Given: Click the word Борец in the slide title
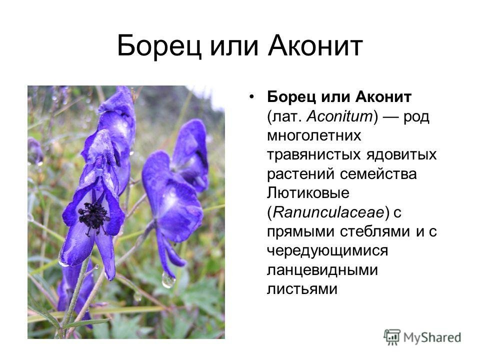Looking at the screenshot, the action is point(159,46).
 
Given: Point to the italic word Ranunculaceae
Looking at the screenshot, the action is point(328,212).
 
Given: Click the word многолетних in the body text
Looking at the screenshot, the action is point(314,136).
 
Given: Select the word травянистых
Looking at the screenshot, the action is point(314,155).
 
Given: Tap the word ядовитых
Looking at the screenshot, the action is point(401,155).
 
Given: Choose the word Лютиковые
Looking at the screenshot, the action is point(308,193).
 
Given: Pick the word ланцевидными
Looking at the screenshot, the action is point(322,270).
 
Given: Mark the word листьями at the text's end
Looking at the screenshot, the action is point(302,289).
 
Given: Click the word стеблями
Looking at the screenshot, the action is point(375,231).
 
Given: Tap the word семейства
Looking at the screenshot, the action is point(378,174).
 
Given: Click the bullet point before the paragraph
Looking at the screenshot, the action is point(251,97).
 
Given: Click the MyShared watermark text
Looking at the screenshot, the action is point(432,337).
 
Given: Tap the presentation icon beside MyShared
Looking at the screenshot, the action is point(392,337).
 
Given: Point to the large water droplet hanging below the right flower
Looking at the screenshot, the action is point(168,279).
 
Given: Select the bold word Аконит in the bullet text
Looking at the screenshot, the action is point(383,97).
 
